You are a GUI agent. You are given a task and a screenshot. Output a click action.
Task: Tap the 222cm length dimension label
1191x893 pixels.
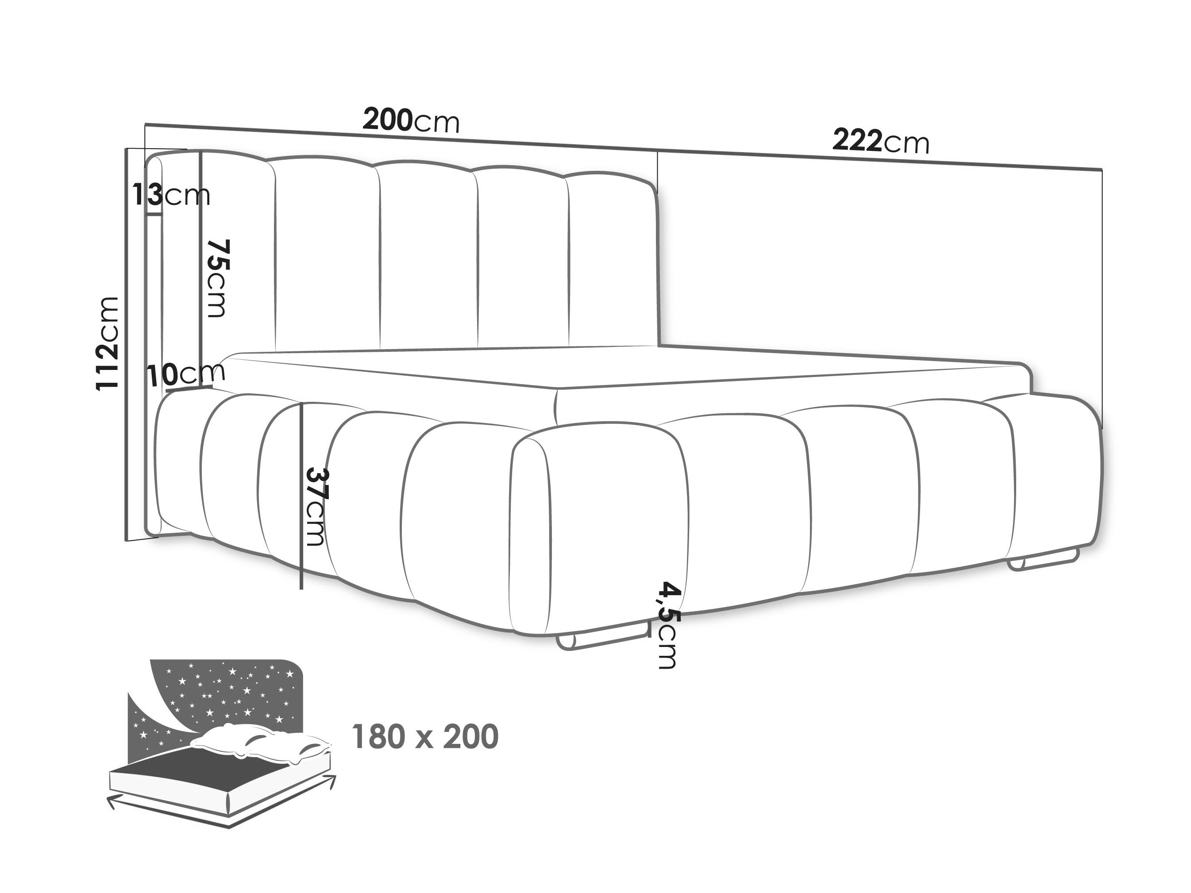pyautogui.click(x=881, y=142)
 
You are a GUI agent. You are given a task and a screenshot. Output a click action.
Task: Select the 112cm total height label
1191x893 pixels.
pyautogui.click(x=107, y=343)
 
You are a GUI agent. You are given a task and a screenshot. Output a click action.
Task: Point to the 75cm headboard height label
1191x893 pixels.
pyautogui.click(x=218, y=278)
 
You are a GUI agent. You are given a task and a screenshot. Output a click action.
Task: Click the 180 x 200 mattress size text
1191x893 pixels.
pyautogui.click(x=425, y=737)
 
